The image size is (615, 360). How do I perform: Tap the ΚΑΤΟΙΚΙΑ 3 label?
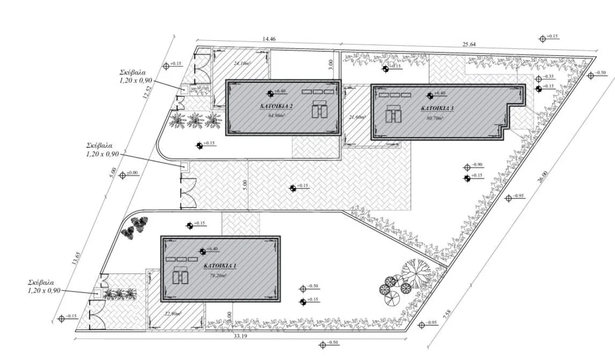[437, 109]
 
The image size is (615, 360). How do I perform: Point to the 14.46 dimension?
[269, 39]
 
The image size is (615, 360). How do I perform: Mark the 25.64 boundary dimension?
[469, 44]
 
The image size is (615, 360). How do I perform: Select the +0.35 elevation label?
[548, 77]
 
